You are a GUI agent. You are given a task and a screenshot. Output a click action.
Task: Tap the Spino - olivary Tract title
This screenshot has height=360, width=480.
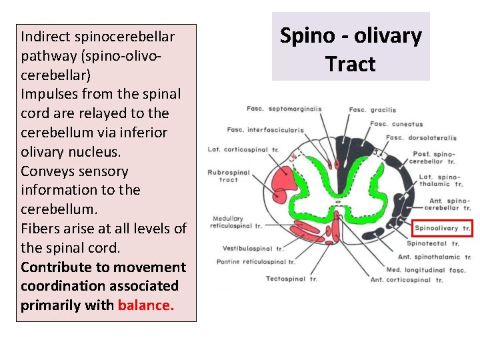tap(351, 49)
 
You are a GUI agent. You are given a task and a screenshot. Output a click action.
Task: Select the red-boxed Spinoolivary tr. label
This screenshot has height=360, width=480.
tap(443, 229)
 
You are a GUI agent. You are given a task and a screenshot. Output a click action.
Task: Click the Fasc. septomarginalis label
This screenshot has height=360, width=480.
tap(284, 109)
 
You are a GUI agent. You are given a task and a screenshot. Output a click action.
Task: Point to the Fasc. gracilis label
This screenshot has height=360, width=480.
tap(372, 110)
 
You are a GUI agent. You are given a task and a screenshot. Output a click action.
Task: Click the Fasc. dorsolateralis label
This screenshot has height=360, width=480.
tap(421, 138)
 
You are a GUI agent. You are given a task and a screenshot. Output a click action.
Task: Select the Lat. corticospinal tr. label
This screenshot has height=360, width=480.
tap(233, 150)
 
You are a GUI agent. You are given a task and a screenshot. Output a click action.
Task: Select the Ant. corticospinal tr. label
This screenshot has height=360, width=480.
tap(407, 280)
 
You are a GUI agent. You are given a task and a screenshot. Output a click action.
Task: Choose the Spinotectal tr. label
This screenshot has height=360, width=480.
tap(432, 244)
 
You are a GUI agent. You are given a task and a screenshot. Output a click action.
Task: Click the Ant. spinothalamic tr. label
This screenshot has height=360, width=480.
tap(433, 257)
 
